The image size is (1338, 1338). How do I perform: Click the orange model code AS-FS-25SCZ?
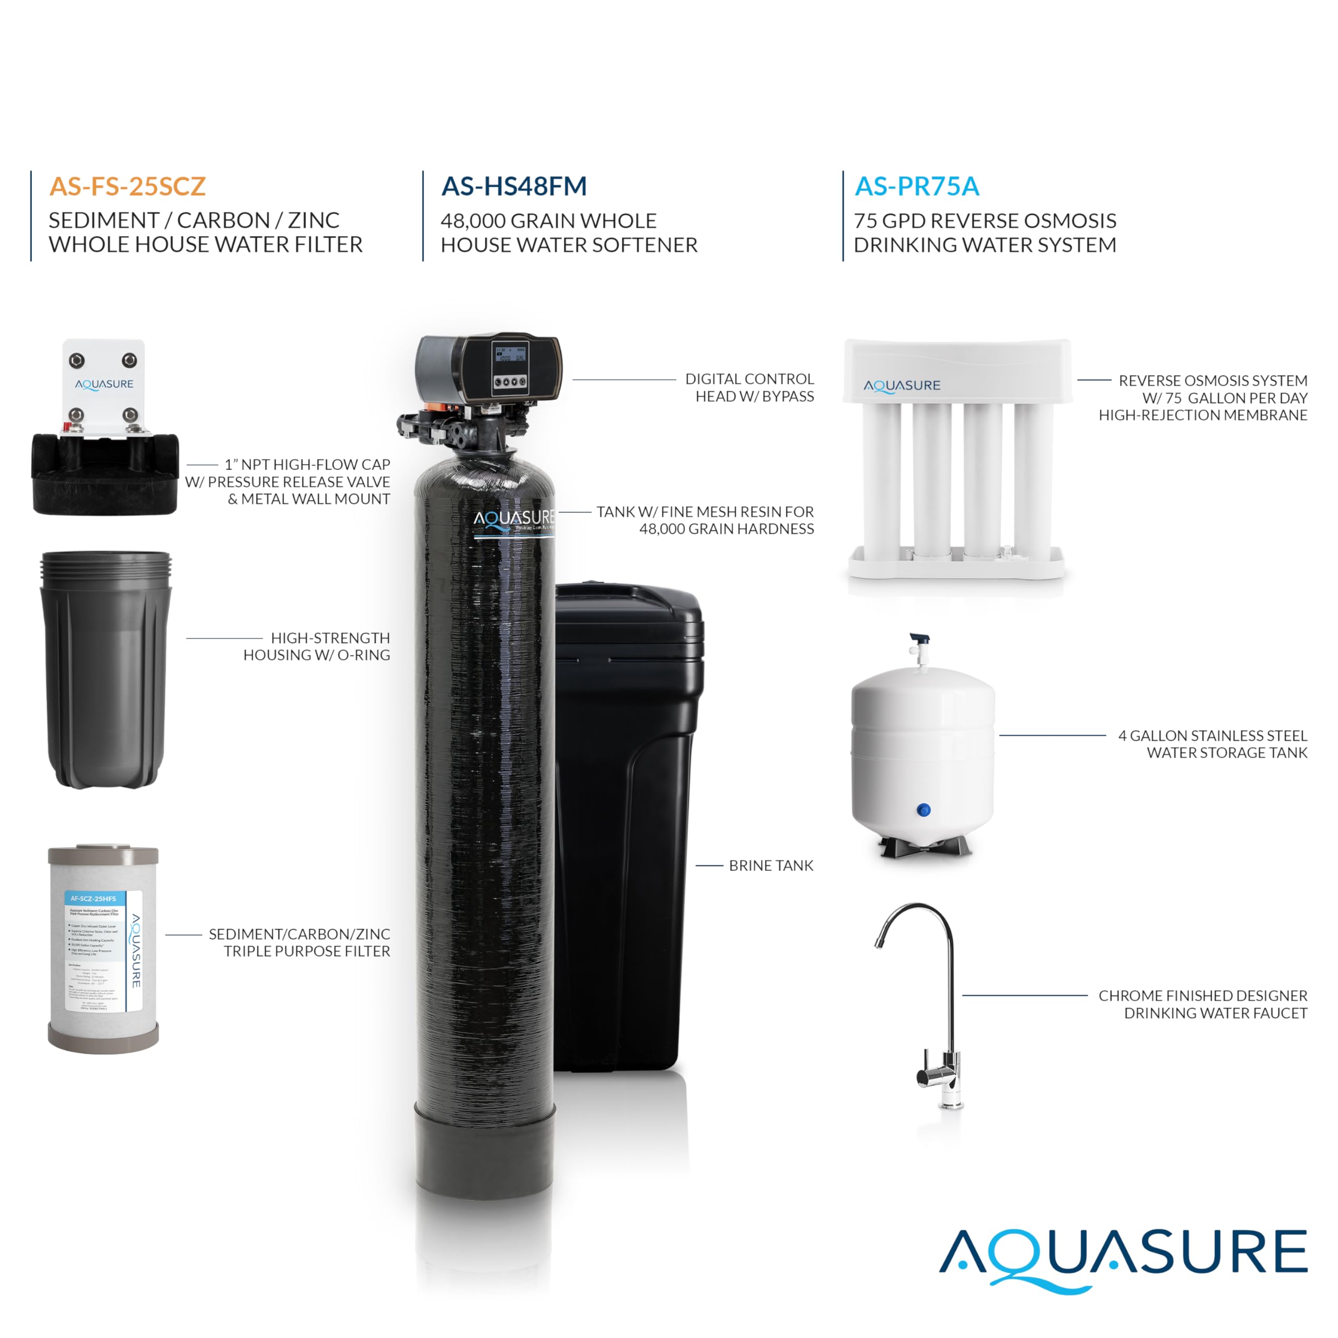[x=128, y=186]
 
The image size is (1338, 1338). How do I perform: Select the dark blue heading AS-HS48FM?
[x=514, y=186]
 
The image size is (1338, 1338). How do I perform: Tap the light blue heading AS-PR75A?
[x=917, y=186]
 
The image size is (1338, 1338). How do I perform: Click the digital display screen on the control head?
[x=511, y=354]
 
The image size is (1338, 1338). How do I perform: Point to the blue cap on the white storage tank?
[x=923, y=810]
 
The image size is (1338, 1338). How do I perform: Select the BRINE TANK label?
[x=771, y=866]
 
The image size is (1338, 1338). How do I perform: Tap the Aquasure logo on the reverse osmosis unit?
[x=902, y=386]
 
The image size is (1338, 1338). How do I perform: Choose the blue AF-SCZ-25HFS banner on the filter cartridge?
[x=94, y=898]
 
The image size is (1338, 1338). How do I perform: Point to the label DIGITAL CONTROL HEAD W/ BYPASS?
[x=749, y=388]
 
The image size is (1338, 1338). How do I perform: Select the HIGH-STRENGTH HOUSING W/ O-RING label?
[x=317, y=646]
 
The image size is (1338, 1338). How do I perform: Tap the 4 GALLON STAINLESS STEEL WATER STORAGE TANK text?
[x=1213, y=744]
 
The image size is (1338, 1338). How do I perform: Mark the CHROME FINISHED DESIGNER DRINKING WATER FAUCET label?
[x=1203, y=1004]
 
